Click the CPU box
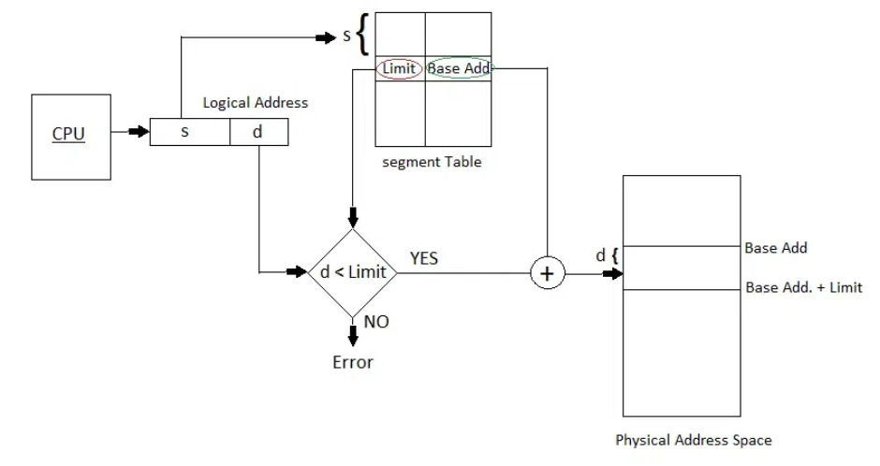click(x=71, y=137)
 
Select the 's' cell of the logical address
click(x=190, y=132)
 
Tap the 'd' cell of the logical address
click(x=258, y=132)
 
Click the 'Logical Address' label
click(x=256, y=103)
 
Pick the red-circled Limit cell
click(x=399, y=68)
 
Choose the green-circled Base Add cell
click(x=459, y=68)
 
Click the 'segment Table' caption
click(x=432, y=162)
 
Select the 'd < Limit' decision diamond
click(x=352, y=273)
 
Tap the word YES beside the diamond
click(x=424, y=258)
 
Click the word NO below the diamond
click(x=376, y=322)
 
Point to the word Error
click(x=352, y=362)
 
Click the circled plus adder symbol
click(x=548, y=273)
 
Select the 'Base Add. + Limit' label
click(x=803, y=287)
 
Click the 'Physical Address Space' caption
click(x=693, y=440)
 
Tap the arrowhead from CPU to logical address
click(x=139, y=132)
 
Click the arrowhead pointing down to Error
click(x=352, y=336)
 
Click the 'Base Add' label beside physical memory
click(x=775, y=248)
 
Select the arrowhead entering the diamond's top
click(x=352, y=218)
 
